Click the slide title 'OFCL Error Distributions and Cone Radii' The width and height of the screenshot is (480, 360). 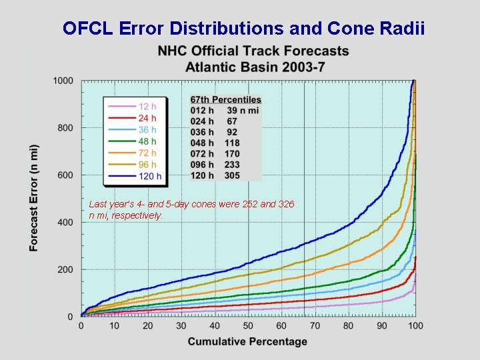pos(243,28)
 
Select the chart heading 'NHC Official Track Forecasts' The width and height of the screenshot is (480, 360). pos(253,51)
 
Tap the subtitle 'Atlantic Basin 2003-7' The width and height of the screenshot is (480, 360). pos(253,67)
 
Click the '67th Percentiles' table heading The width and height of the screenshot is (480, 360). pos(225,100)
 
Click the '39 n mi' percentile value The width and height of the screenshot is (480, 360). pos(242,111)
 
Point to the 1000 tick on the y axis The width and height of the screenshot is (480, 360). pos(63,81)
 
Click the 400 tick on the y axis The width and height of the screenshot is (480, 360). pos(65,223)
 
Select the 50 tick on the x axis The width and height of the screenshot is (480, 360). pos(248,325)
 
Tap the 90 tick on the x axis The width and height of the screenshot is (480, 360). pos(382,325)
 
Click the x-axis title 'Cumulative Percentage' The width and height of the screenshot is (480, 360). pos(247,341)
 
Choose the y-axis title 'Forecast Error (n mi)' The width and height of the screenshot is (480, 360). pos(34,198)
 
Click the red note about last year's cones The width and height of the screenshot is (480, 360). pos(191,210)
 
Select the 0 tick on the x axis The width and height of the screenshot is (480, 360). pos(81,325)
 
